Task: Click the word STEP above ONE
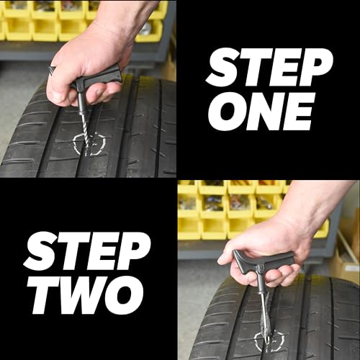point(269,68)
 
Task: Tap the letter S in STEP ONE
point(220,68)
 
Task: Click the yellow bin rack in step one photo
point(43,22)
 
